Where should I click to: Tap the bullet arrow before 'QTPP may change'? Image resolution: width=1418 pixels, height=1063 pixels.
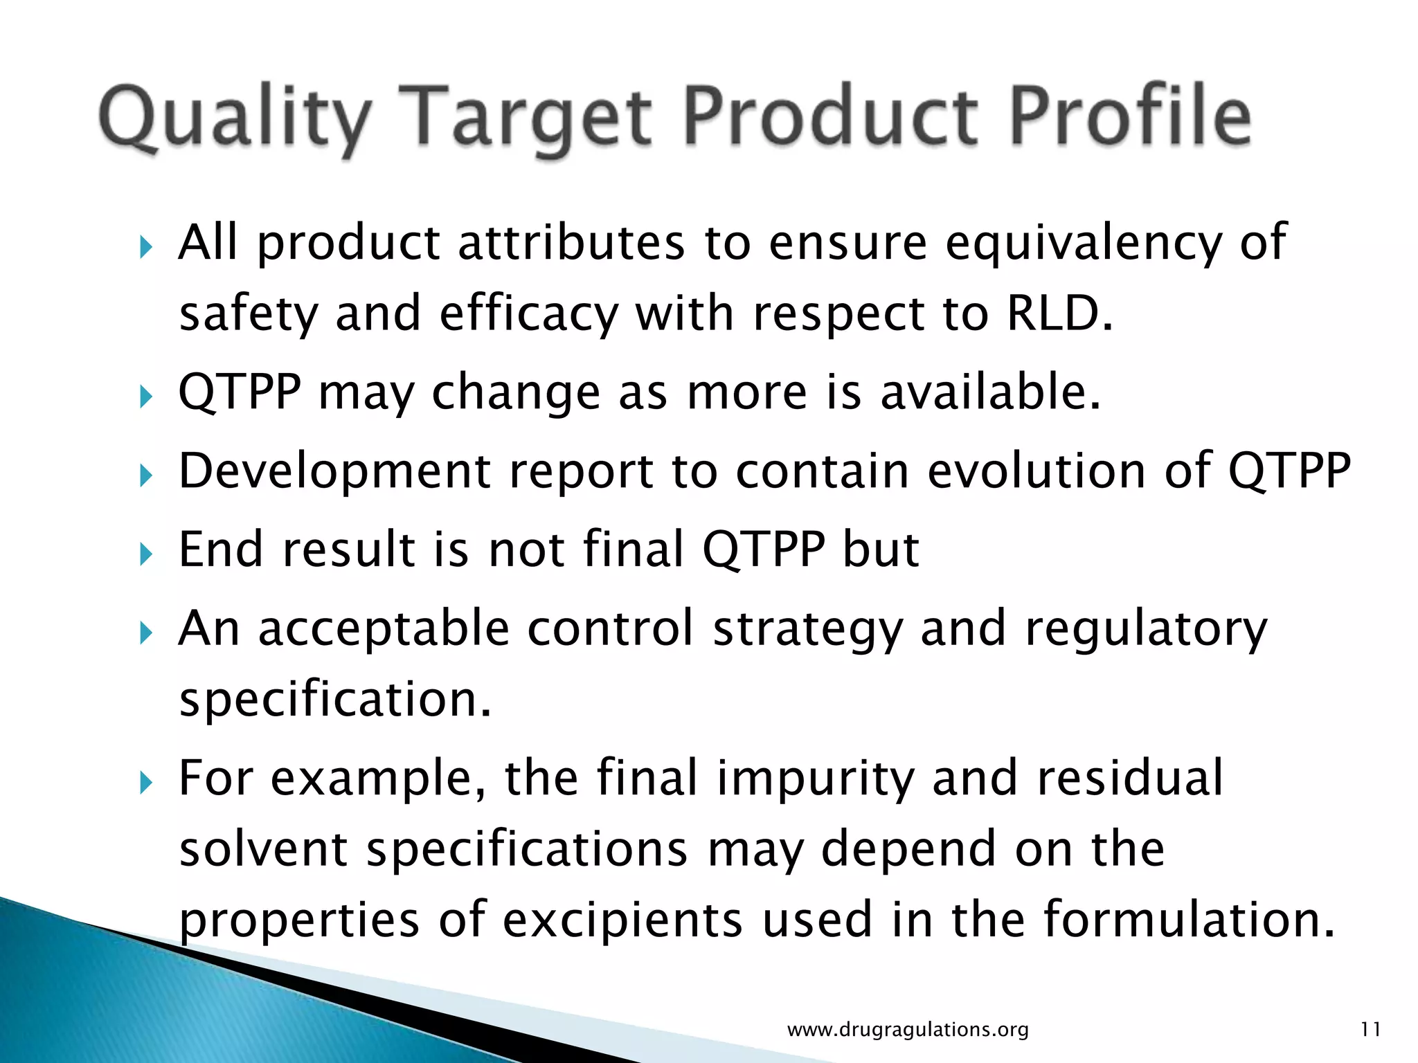(x=144, y=397)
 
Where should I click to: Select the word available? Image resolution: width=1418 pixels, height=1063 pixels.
(x=990, y=392)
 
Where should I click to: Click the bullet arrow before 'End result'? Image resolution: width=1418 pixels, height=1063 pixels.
(x=144, y=554)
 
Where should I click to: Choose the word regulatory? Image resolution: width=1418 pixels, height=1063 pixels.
(x=1146, y=630)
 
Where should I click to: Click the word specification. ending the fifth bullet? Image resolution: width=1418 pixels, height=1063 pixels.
(x=335, y=700)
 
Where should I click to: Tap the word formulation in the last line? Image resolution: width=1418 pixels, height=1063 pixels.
(x=1188, y=919)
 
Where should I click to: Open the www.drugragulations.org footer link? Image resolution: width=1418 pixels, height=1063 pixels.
(x=908, y=1030)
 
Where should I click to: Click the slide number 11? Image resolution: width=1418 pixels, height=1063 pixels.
(x=1370, y=1030)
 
